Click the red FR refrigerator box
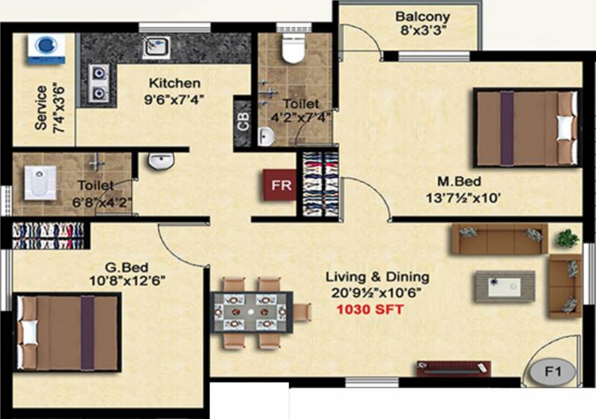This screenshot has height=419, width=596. coord(280,185)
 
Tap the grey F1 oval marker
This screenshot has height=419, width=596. coord(552,371)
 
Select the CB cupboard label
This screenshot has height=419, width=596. coord(243,121)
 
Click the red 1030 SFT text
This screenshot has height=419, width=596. coord(370,310)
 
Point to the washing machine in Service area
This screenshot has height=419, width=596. coord(46,48)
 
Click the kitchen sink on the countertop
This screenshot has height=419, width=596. coord(156,47)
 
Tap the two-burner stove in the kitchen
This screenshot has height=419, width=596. coord(99,83)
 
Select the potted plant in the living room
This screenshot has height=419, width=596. coord(567,239)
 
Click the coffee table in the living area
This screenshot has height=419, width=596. coord(504,287)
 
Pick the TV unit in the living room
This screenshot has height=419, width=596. coord(454,368)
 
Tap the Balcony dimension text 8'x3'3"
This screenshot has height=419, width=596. coord(422,30)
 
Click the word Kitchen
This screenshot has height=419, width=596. coord(174,83)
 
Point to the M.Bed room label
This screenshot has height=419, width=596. coord(459,181)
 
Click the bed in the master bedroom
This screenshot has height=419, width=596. coord(527,128)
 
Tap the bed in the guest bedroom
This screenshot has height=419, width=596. coord(68,333)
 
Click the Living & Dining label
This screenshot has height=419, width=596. coord(378,277)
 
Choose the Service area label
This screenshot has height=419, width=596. coord(41,108)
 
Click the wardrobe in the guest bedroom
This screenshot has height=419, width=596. coord(48,236)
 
